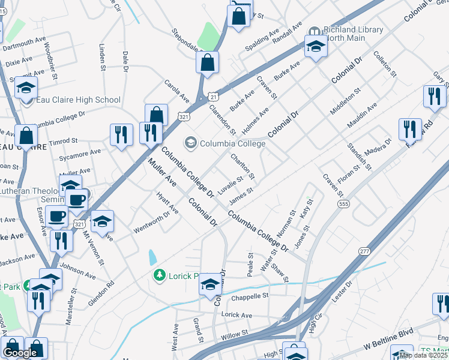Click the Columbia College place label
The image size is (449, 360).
(x=232, y=143)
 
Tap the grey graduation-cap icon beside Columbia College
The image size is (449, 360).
(x=191, y=143)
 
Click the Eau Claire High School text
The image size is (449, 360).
(x=78, y=100)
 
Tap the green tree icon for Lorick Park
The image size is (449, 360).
(x=160, y=275)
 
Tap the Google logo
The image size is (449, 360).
(x=20, y=353)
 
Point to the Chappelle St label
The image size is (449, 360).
(x=249, y=296)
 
